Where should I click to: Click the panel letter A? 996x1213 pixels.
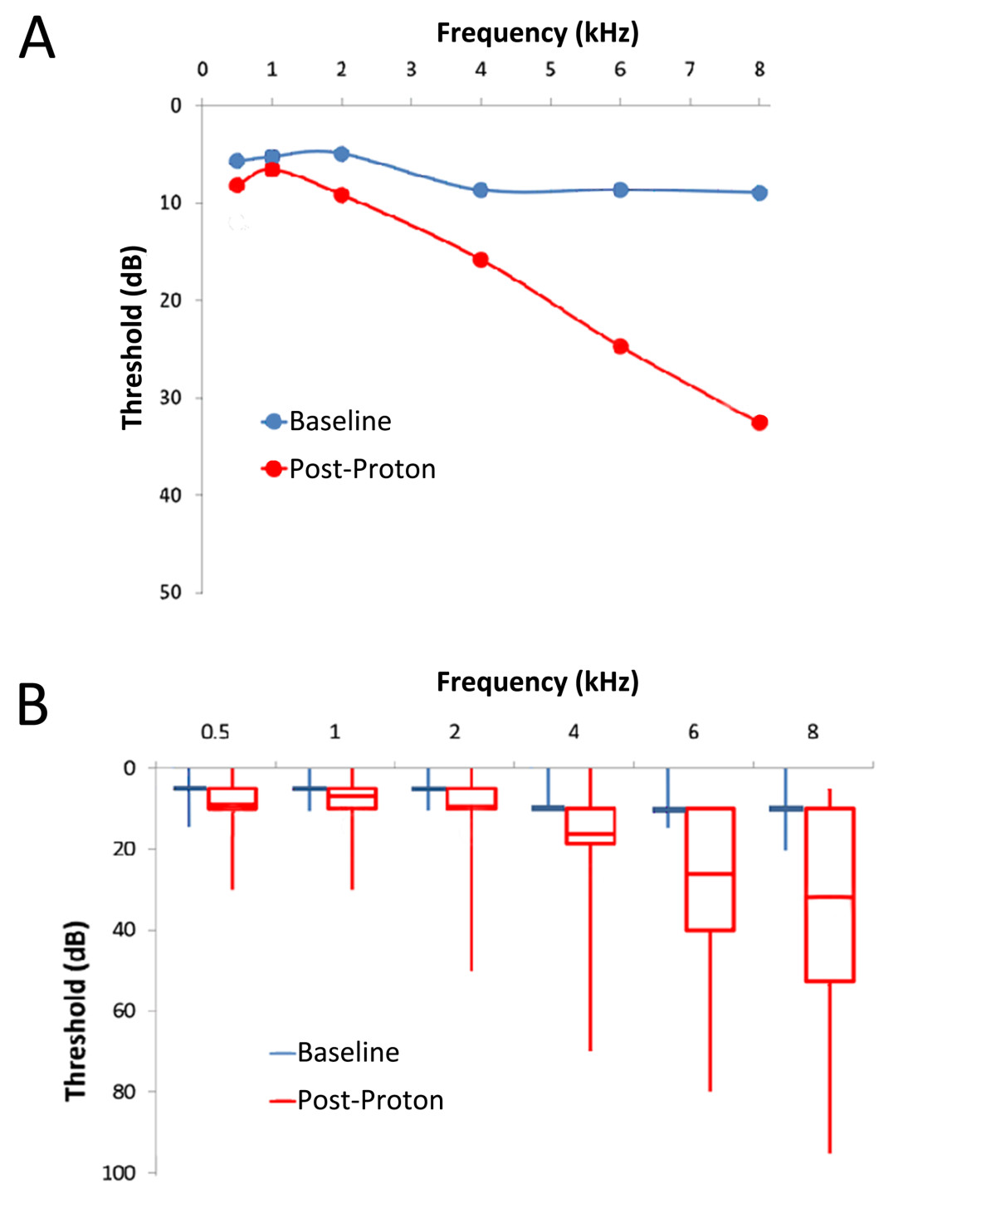pyautogui.click(x=37, y=38)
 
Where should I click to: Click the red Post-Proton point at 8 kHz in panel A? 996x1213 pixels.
pyautogui.click(x=759, y=423)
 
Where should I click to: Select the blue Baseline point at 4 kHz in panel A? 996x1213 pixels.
pyautogui.click(x=481, y=190)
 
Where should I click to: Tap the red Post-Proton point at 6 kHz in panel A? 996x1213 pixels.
pyautogui.click(x=621, y=346)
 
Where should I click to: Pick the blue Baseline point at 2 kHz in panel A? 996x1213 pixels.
pyautogui.click(x=341, y=154)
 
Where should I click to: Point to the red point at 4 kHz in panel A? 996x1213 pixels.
pyautogui.click(x=481, y=260)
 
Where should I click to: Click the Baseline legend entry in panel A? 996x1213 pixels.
pyautogui.click(x=328, y=421)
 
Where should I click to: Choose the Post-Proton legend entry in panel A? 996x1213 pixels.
pyautogui.click(x=349, y=469)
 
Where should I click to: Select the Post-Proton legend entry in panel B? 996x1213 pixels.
pyautogui.click(x=358, y=1100)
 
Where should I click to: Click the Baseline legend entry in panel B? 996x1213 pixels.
pyautogui.click(x=335, y=1053)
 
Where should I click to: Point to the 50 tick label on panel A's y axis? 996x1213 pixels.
pyautogui.click(x=170, y=592)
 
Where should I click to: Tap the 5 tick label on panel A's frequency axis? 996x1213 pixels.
pyautogui.click(x=550, y=70)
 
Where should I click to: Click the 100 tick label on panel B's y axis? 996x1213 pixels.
pyautogui.click(x=119, y=1172)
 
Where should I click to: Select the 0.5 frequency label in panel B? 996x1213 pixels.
pyautogui.click(x=215, y=731)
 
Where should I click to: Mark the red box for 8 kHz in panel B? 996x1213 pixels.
pyautogui.click(x=830, y=894)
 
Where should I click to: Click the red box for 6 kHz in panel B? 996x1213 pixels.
pyautogui.click(x=710, y=868)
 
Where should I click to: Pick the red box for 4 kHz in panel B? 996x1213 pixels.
pyautogui.click(x=590, y=826)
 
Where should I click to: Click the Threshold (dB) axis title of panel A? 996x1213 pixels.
pyautogui.click(x=133, y=337)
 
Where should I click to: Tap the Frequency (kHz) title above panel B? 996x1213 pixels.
pyautogui.click(x=538, y=682)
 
